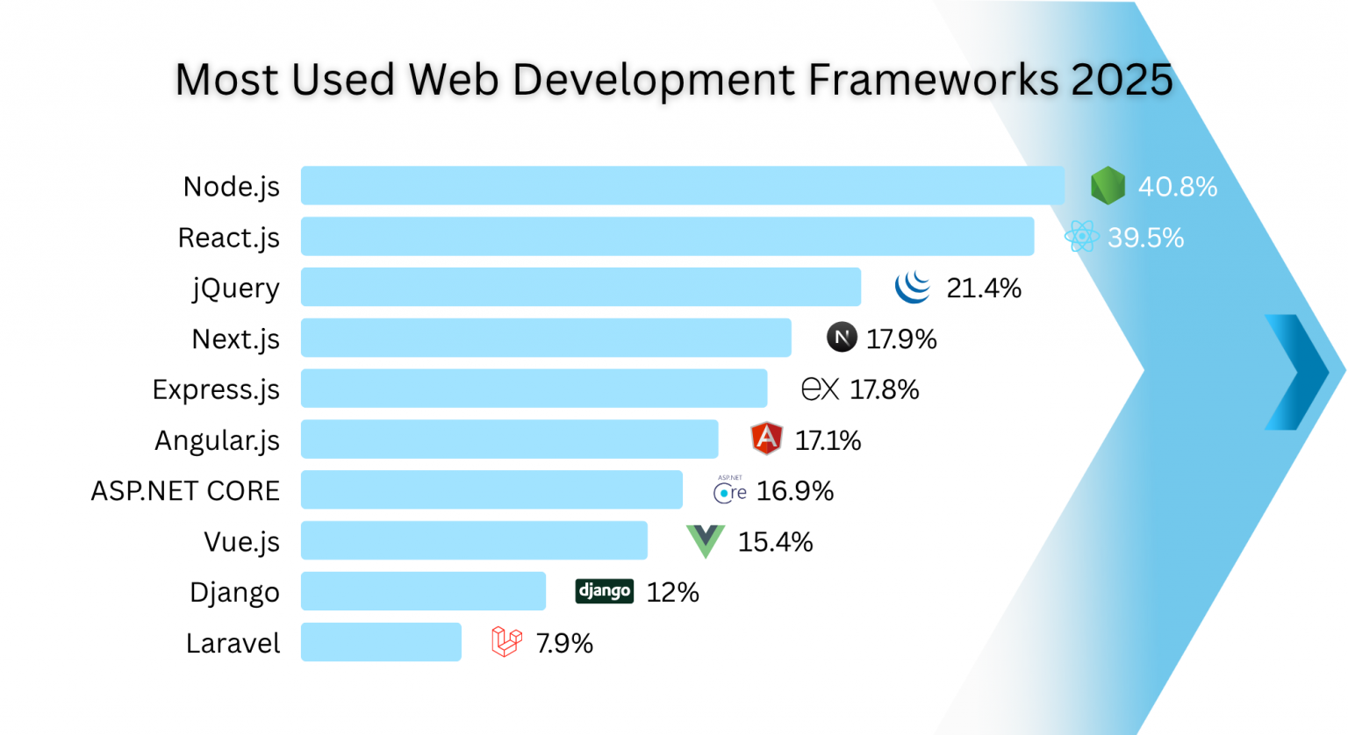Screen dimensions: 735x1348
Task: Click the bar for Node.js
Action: click(x=682, y=186)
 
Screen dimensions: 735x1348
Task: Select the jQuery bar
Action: click(x=580, y=287)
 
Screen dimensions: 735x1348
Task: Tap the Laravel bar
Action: click(x=381, y=642)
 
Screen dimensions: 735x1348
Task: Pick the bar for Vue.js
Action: click(x=474, y=540)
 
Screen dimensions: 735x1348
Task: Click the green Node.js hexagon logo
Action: click(x=1108, y=186)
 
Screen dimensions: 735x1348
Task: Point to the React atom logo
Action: click(x=1081, y=237)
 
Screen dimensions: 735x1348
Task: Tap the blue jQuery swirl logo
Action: click(x=913, y=287)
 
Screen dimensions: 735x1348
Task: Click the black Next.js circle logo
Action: click(x=842, y=338)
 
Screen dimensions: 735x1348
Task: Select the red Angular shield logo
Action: click(x=766, y=439)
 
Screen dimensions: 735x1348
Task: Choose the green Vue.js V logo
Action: click(x=705, y=540)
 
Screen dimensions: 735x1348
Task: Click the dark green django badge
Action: click(x=604, y=591)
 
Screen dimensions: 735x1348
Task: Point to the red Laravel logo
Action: click(x=506, y=642)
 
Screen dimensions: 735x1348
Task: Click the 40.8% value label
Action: click(x=1178, y=187)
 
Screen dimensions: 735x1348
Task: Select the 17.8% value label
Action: click(x=885, y=389)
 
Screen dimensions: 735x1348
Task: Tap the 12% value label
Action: click(x=673, y=592)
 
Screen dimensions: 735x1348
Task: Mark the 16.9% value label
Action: click(x=795, y=490)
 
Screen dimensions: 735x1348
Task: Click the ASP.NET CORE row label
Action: click(x=185, y=490)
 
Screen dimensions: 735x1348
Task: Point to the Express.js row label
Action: click(x=216, y=389)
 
